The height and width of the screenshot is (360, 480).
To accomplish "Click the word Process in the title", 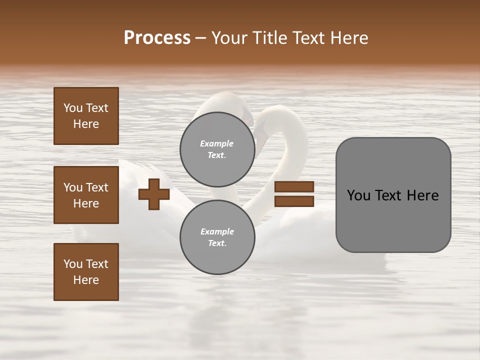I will click(157, 38).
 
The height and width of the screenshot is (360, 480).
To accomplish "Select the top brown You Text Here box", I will click(86, 116).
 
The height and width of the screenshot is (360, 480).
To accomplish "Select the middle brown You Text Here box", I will click(86, 195).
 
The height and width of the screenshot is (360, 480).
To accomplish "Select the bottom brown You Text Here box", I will click(86, 272).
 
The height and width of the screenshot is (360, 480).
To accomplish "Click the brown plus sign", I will click(154, 194).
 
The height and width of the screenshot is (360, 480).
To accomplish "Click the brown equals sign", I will click(294, 194).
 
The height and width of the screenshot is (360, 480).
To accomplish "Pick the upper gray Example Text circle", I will click(217, 149).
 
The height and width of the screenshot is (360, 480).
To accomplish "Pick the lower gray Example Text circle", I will click(217, 237).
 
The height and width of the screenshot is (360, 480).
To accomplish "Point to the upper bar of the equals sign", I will click(294, 187).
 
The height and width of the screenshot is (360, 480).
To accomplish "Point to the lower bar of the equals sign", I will click(294, 201).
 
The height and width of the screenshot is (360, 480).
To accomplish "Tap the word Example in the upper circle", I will click(217, 144).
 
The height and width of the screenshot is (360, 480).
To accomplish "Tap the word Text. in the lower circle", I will click(217, 243).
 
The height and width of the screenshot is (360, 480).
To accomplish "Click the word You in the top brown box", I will click(73, 108).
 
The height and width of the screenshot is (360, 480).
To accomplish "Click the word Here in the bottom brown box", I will click(86, 280).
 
